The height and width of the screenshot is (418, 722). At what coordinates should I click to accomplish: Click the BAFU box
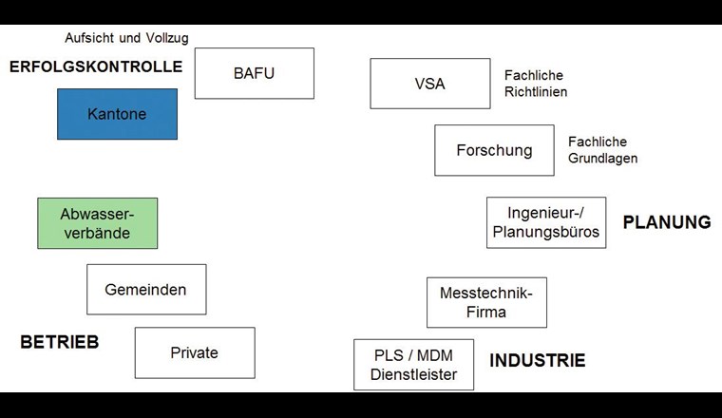click(254, 73)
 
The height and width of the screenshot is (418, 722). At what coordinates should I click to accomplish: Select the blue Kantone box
click(117, 114)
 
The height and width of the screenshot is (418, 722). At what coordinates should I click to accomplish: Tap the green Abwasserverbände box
click(97, 223)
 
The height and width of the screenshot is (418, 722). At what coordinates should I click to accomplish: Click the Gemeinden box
click(145, 290)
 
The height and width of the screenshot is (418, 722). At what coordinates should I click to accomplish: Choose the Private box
click(194, 352)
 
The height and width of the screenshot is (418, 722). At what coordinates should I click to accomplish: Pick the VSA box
click(429, 84)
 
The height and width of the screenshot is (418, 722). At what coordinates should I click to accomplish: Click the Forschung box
click(494, 150)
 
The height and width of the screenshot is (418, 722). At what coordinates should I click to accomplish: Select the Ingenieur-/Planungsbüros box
click(545, 222)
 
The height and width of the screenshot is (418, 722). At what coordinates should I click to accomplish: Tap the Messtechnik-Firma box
click(486, 302)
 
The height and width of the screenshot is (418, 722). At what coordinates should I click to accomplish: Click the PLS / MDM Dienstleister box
click(413, 365)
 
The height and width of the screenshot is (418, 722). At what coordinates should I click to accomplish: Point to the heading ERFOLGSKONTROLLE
click(95, 67)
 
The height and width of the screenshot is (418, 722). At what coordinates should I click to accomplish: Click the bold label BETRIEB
click(60, 343)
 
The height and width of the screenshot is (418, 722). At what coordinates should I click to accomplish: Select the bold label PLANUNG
click(666, 222)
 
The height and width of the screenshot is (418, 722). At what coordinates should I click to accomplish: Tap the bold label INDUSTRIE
click(537, 361)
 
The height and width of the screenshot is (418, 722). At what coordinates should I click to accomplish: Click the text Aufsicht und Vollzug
click(126, 38)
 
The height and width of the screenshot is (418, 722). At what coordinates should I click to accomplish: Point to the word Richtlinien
click(536, 92)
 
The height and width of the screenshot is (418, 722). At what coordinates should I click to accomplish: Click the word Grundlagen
click(602, 159)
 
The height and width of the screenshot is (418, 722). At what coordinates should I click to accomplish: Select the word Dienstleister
click(413, 375)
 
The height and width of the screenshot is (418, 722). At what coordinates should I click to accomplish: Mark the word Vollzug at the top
click(167, 38)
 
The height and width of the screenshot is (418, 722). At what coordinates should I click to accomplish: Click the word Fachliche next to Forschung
click(598, 142)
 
